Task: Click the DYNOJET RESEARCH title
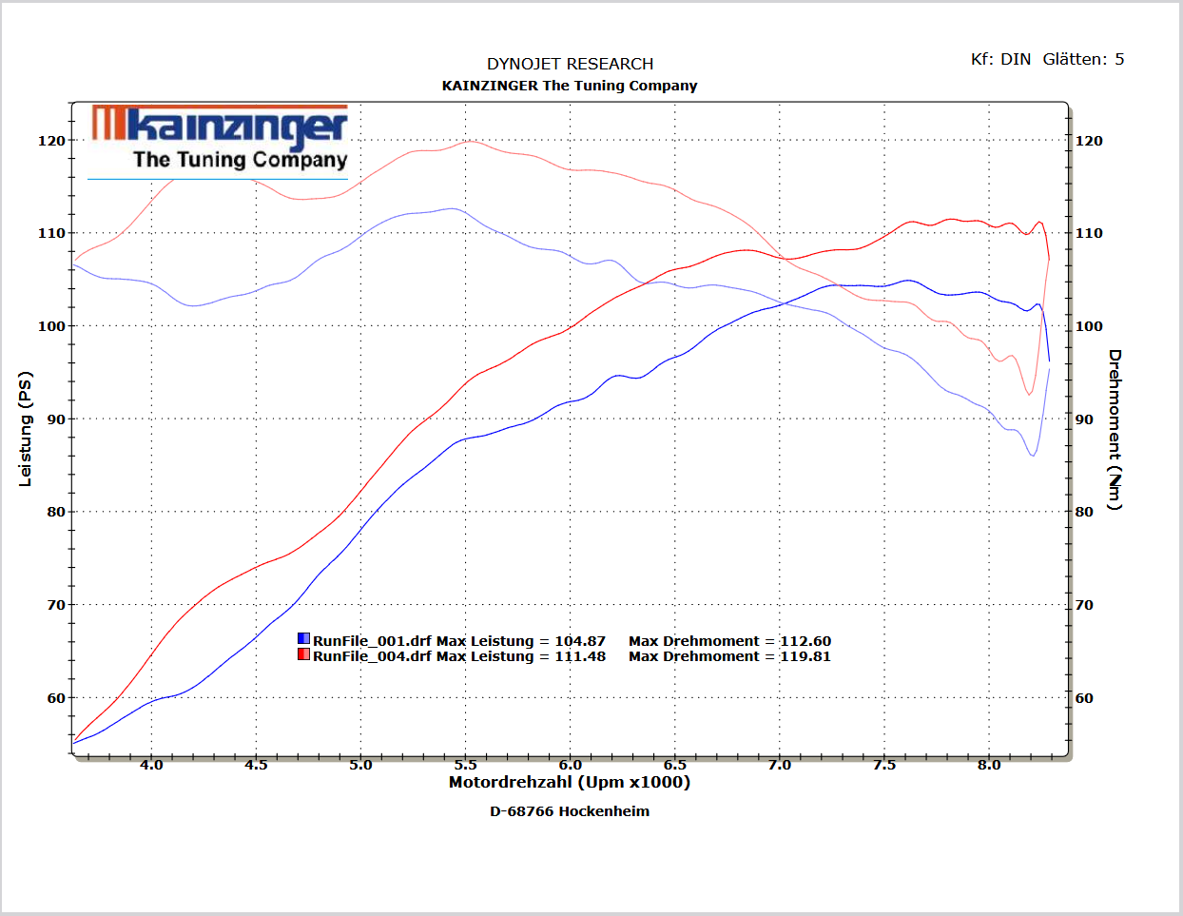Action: (570, 64)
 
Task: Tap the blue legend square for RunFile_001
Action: (303, 638)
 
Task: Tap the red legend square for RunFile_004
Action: (303, 653)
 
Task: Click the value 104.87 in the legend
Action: (580, 640)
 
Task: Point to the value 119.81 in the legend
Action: (805, 656)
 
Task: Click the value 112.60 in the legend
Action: (805, 640)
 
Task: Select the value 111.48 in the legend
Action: (580, 656)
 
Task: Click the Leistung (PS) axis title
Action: (25, 428)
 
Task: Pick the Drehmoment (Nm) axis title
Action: (1115, 429)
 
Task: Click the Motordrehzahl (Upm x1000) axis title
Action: (569, 782)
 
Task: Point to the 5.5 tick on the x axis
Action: (465, 766)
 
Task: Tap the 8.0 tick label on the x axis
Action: (989, 766)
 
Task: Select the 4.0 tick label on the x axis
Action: (151, 766)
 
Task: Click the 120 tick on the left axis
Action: (51, 141)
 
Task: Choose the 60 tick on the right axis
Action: (1084, 698)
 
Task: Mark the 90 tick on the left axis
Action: (56, 419)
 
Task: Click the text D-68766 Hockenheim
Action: (570, 811)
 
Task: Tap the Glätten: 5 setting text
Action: (1083, 59)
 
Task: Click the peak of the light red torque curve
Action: (471, 142)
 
